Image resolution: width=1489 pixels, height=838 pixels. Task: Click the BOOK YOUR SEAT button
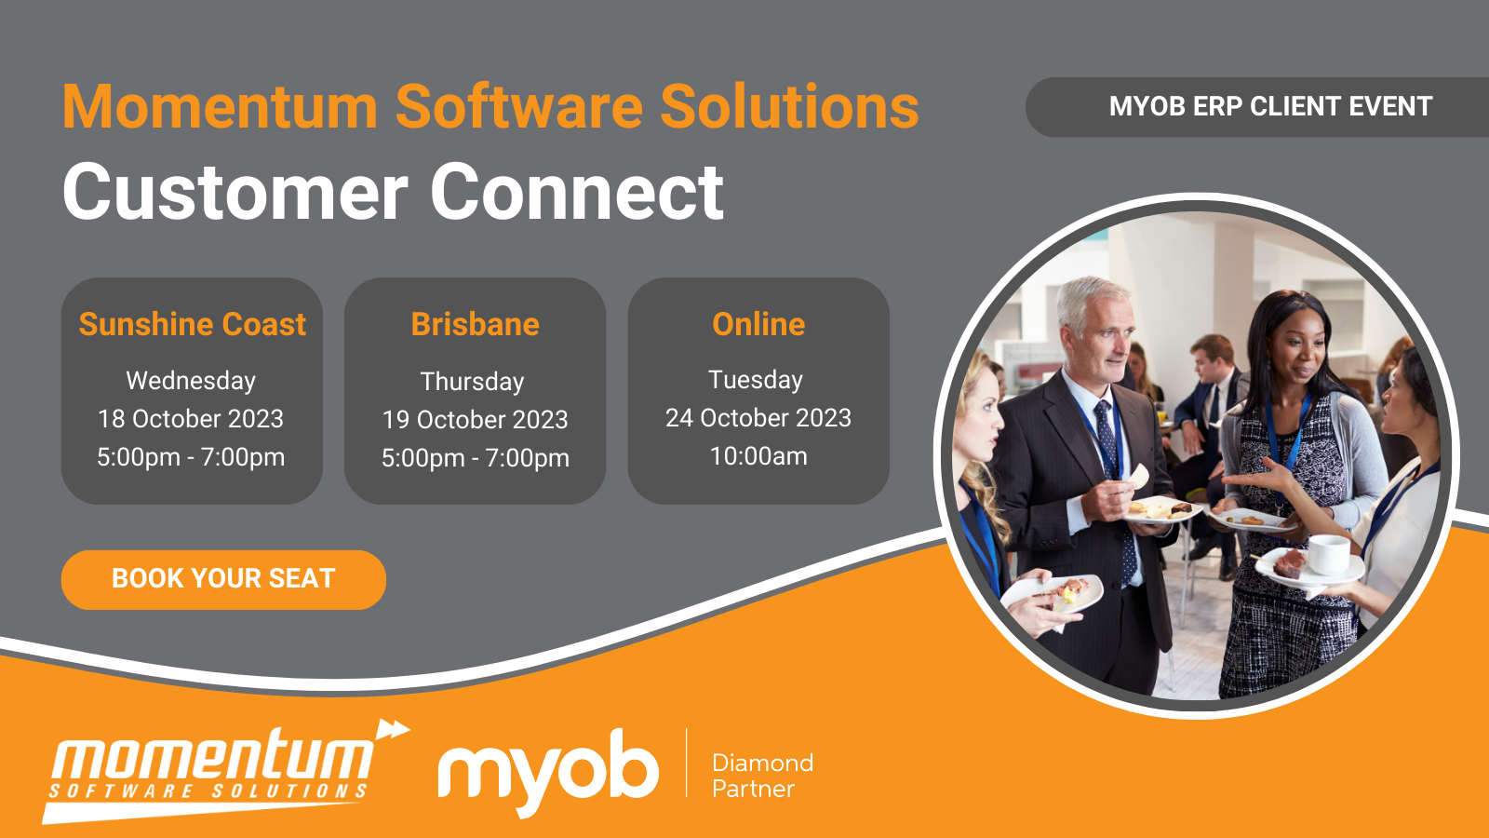point(223,579)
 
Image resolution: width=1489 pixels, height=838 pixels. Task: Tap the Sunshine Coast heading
point(193,324)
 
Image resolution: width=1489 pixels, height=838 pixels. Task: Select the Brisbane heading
point(475,324)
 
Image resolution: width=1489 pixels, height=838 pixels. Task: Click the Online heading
point(758,324)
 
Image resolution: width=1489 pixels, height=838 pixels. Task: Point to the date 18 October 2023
point(191,419)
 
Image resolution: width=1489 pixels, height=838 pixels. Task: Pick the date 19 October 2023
point(475,420)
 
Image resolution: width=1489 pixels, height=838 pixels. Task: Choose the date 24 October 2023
point(758,418)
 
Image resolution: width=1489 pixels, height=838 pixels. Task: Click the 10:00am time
point(758,456)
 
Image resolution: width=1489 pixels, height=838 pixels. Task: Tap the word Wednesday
point(191,381)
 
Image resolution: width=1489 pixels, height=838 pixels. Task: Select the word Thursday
point(473,382)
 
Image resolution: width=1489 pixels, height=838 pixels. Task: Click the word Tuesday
point(756,380)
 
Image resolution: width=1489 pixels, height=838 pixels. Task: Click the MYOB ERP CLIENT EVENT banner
point(1270,107)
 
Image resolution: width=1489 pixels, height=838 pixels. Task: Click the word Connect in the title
point(577,192)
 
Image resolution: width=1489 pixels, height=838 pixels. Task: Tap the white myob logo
point(549,769)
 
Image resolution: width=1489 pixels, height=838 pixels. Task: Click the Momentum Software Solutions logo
point(214,769)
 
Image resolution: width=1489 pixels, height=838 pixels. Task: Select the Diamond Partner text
point(761,776)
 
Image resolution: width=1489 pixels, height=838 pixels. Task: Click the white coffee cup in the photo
point(1329,553)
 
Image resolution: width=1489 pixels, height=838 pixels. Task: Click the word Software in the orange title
point(519,107)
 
